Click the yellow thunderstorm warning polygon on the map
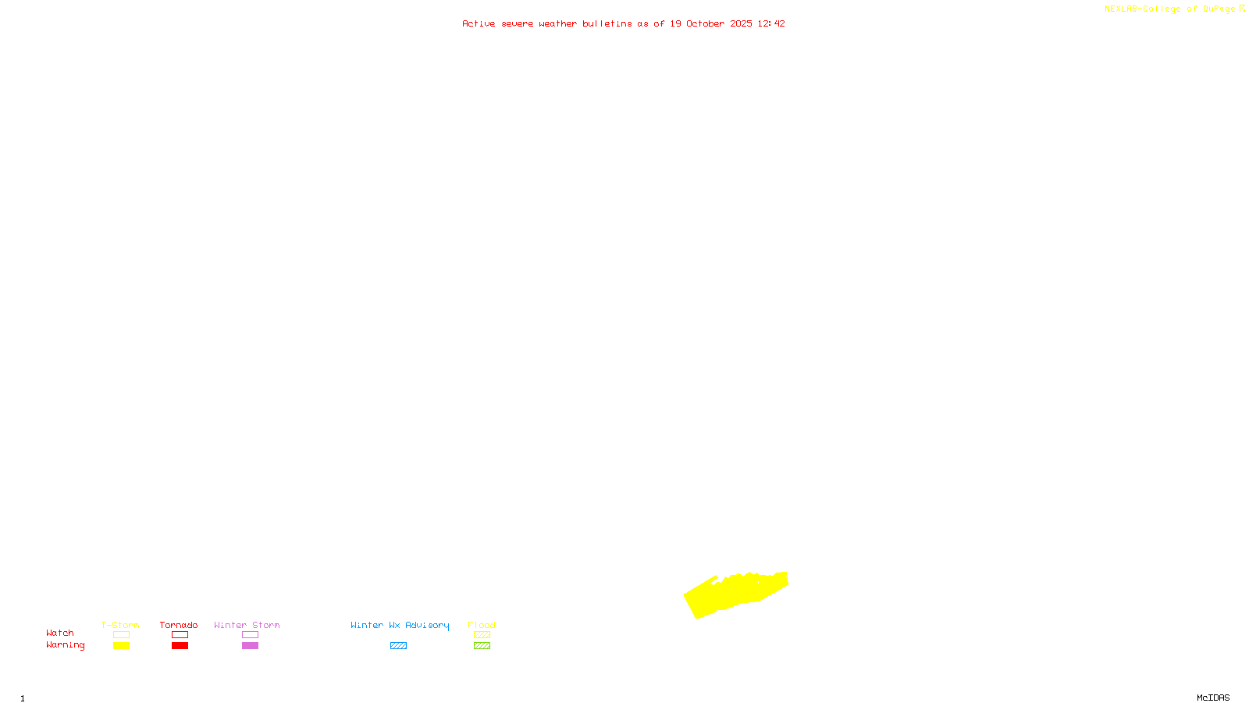pos(734,594)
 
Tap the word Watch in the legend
pos(60,633)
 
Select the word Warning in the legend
pos(65,645)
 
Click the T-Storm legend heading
pos(120,625)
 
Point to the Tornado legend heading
pos(179,625)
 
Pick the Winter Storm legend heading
pos(247,625)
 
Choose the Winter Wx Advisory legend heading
pos(400,625)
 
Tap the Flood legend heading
pos(482,625)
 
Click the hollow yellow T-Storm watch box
pos(121,635)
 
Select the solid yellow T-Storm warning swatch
pos(121,646)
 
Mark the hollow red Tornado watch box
pos(180,635)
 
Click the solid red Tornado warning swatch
pos(180,646)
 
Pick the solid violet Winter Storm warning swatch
pos(250,646)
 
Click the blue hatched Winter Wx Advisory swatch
pos(398,646)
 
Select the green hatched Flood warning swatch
pos(482,646)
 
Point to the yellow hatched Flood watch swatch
pos(482,635)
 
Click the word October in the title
pos(705,23)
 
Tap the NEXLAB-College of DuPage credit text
pos(1170,9)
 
